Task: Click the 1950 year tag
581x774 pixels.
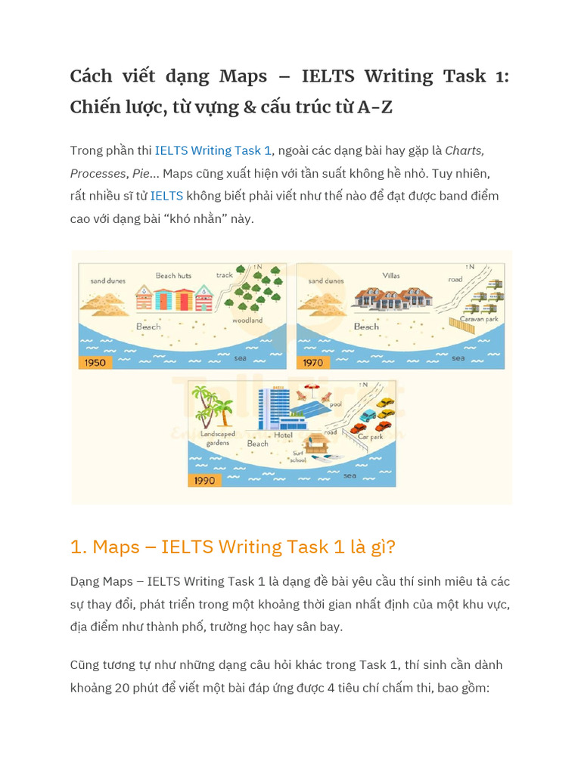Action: click(95, 362)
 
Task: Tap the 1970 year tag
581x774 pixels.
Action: click(312, 362)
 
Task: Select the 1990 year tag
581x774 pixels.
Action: click(204, 480)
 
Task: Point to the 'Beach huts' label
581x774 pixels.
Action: click(173, 276)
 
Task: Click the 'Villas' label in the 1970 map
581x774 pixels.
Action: click(391, 276)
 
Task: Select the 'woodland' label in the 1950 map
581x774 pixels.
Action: click(247, 320)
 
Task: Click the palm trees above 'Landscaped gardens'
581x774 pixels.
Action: click(211, 405)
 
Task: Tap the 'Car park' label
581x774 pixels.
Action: click(370, 436)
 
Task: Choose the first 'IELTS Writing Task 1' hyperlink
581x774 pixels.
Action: click(213, 150)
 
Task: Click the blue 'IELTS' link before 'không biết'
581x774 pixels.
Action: click(166, 196)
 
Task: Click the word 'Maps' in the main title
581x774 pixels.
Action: click(243, 76)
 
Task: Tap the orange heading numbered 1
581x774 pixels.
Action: click(232, 546)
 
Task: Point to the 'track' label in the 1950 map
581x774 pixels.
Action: click(225, 275)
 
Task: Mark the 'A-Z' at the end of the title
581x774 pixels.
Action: click(374, 107)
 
